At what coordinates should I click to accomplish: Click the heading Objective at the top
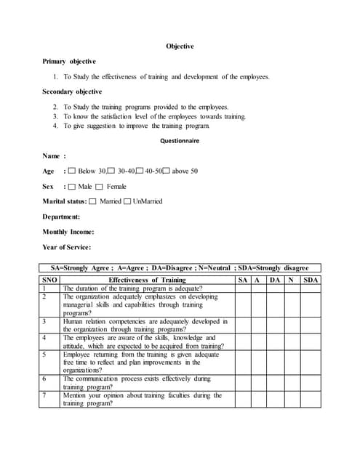(180, 46)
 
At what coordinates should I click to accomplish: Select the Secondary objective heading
(72, 92)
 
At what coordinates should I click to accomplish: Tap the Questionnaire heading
(180, 141)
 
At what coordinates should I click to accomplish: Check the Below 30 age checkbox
(71, 171)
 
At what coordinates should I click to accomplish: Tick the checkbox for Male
(71, 187)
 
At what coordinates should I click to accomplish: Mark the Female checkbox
(100, 187)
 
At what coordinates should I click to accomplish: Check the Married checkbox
(92, 201)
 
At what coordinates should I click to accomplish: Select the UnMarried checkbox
(127, 201)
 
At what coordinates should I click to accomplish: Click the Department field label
(61, 217)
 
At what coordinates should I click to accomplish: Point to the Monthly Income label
(68, 232)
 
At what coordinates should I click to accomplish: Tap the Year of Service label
(67, 247)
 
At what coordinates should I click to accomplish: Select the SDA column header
(311, 280)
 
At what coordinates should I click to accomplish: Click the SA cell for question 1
(243, 288)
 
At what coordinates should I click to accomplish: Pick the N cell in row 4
(292, 341)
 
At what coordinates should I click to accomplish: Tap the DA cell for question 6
(274, 383)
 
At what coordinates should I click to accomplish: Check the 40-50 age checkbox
(140, 171)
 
